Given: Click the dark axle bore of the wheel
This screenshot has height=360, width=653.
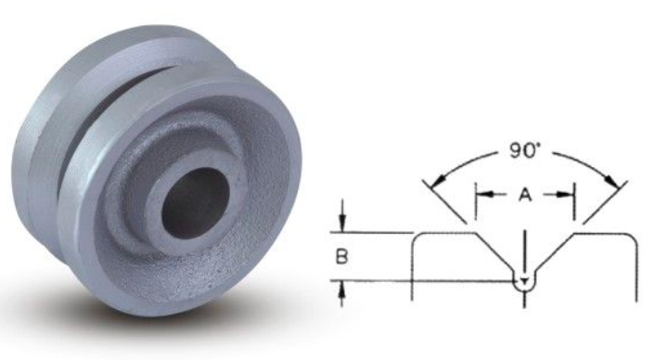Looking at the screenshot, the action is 196,203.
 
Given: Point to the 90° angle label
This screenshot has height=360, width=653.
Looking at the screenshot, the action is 524,150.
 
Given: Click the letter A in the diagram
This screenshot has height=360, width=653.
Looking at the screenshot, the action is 526,194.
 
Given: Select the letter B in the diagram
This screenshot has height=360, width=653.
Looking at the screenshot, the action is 342,256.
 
